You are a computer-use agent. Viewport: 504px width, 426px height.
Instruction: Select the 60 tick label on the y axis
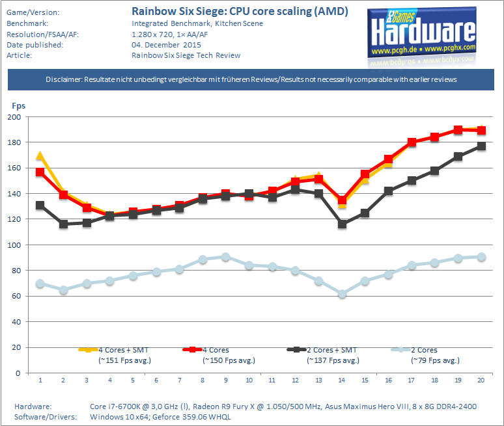pos(16,297)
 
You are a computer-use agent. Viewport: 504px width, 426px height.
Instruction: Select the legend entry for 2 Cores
pos(424,350)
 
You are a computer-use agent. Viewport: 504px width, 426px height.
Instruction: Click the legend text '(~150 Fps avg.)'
pos(229,360)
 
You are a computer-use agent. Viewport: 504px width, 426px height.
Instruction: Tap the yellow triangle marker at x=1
pos(40,155)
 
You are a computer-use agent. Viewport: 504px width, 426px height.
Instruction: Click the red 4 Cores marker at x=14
pos(342,202)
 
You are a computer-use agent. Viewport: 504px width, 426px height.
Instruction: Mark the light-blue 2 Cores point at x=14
pos(342,295)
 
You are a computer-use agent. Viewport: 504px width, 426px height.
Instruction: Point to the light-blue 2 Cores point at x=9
pos(225,257)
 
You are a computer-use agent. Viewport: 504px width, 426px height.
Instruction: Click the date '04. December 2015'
pos(166,45)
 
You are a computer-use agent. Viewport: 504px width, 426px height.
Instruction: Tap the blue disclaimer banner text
pos(251,79)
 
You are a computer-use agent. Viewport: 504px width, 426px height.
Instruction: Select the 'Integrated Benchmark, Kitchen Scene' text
pos(188,23)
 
